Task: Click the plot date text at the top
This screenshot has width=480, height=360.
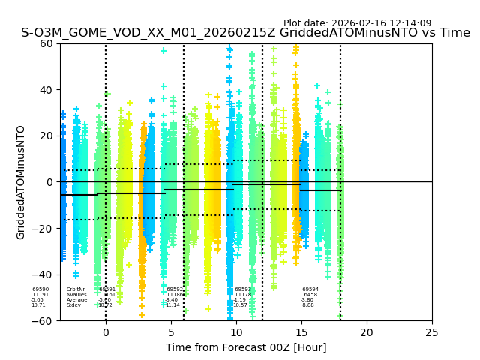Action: pyautogui.click(x=357, y=23)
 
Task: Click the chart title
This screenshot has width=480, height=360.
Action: pyautogui.click(x=245, y=33)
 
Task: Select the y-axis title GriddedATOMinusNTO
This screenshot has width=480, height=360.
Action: pyautogui.click(x=21, y=182)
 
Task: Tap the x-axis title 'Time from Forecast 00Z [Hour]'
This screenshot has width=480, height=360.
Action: pyautogui.click(x=246, y=347)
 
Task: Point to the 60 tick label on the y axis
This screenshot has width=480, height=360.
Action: pyautogui.click(x=46, y=43)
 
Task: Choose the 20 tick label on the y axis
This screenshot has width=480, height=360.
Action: pyautogui.click(x=46, y=136)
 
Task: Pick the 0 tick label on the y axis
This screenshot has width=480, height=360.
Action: pyautogui.click(x=49, y=182)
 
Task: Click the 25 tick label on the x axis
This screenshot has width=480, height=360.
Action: pyautogui.click(x=432, y=331)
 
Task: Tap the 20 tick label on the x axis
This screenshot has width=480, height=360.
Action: pyautogui.click(x=367, y=331)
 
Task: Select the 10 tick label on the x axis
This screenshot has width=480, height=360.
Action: pyautogui.click(x=236, y=331)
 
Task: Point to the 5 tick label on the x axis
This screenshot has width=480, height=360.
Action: pyautogui.click(x=171, y=331)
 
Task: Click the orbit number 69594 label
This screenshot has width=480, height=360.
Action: pyautogui.click(x=310, y=289)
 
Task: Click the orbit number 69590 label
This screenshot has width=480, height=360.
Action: pyautogui.click(x=40, y=289)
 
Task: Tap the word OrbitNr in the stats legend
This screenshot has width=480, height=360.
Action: pyautogui.click(x=76, y=289)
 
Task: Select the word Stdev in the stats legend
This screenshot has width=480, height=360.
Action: pyautogui.click(x=73, y=305)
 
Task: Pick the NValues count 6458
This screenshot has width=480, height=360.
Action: pyautogui.click(x=310, y=295)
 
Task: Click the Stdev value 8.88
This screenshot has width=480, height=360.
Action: pyautogui.click(x=308, y=305)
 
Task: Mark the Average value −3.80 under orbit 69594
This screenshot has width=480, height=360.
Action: pyautogui.click(x=307, y=300)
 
